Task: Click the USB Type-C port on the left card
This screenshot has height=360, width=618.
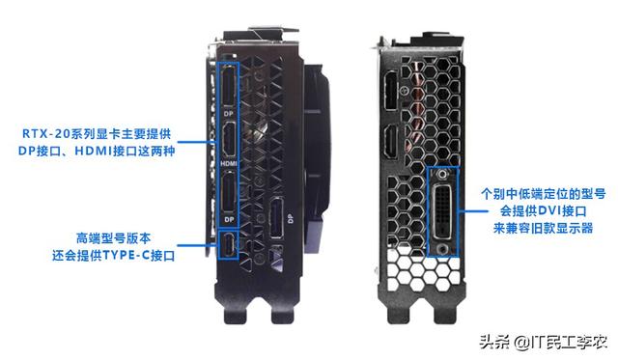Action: (229, 244)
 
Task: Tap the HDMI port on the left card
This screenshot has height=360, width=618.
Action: (229, 140)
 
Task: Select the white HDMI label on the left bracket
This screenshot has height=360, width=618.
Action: (229, 163)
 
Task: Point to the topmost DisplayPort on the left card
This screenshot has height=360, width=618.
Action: (229, 86)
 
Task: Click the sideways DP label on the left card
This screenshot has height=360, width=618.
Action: (291, 218)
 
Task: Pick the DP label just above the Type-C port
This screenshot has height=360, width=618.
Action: (229, 219)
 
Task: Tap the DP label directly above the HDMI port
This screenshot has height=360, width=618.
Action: (229, 114)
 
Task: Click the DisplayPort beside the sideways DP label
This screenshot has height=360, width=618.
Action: (276, 218)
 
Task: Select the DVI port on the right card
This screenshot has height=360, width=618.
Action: (443, 212)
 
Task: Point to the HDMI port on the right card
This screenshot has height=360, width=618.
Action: (390, 142)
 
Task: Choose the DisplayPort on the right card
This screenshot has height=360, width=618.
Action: (391, 90)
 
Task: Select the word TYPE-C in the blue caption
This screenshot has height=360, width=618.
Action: (126, 256)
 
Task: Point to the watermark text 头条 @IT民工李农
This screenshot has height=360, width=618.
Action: (543, 342)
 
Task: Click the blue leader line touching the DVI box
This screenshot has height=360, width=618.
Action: (473, 210)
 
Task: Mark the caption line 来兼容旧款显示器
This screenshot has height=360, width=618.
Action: (543, 229)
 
